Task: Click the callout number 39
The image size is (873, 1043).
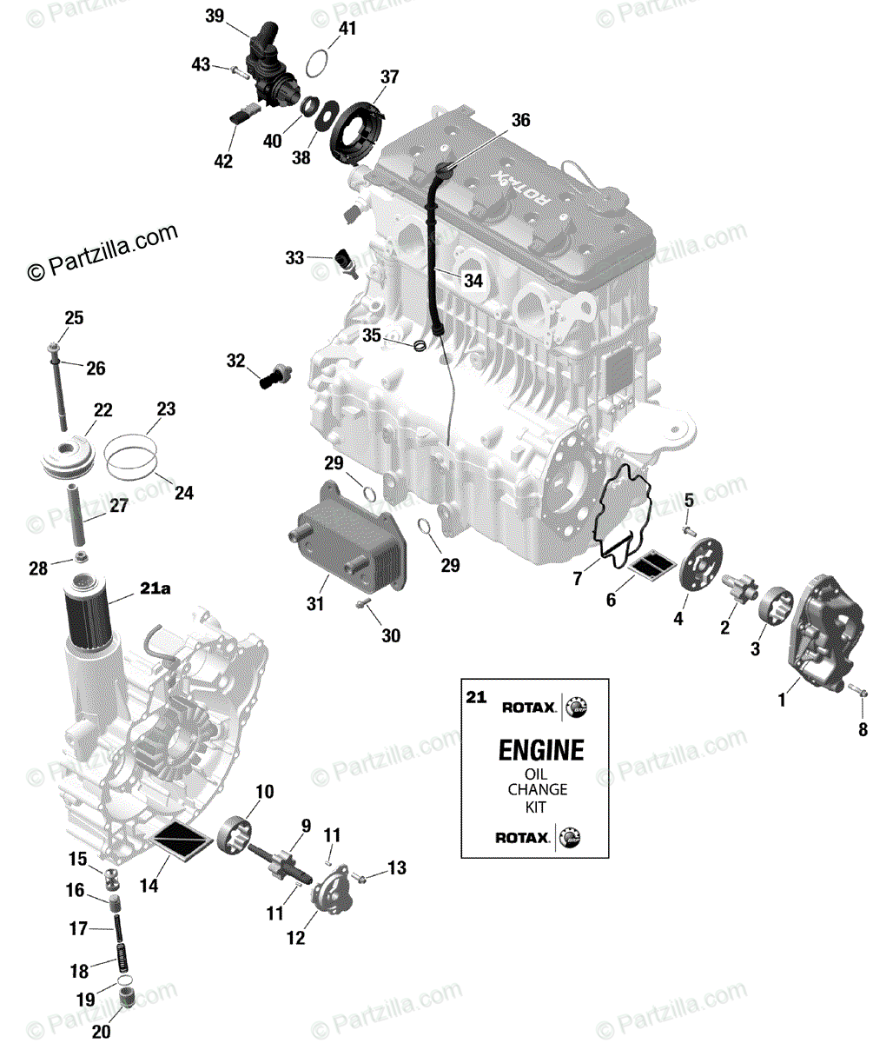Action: coord(215,17)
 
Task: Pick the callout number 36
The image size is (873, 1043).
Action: coord(519,119)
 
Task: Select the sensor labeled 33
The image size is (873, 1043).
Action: coord(345,262)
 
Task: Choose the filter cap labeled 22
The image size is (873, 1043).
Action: coord(67,459)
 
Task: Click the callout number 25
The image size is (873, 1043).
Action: coord(73,319)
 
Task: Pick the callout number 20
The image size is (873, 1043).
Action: coord(102,1032)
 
